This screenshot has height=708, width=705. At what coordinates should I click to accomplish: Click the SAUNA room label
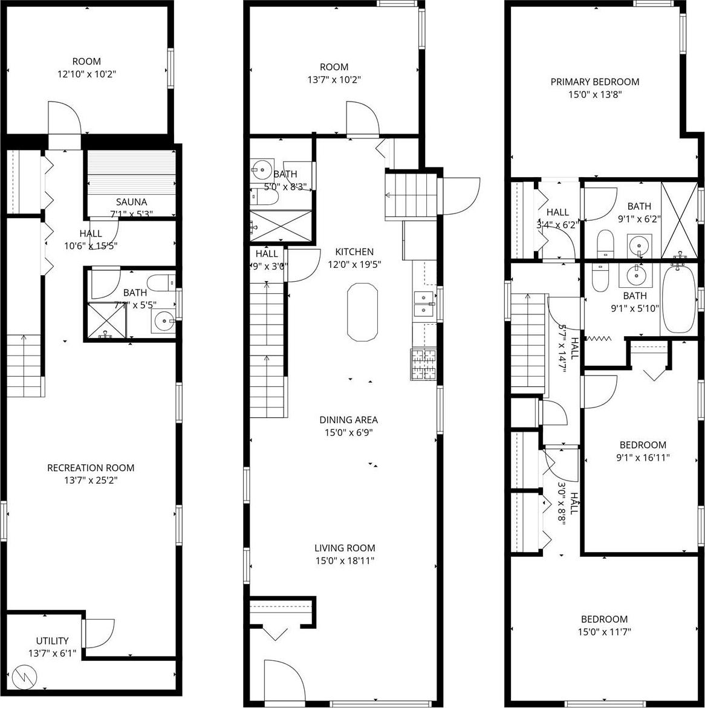131,201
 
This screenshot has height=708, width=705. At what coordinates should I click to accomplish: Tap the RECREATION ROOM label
91,467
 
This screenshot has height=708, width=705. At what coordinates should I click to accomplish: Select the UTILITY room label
52,640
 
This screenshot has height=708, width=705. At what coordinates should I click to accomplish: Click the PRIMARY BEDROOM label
594,82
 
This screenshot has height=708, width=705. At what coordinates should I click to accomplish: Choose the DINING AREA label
349,420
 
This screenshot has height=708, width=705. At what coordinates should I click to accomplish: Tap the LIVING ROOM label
345,548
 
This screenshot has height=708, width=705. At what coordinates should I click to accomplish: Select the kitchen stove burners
423,365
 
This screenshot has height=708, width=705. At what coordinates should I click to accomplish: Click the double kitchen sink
423,303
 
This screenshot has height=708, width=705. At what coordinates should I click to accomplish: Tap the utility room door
99,633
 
